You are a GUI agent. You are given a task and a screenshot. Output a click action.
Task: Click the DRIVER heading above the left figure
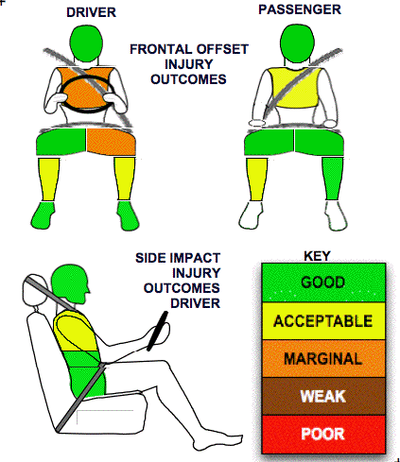91,12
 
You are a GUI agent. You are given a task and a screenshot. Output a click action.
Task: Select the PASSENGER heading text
300,9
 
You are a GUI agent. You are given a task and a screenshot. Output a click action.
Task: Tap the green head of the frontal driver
86,43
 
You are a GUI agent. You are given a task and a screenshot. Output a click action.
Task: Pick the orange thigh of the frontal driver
111,142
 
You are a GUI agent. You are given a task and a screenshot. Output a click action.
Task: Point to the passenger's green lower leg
332,179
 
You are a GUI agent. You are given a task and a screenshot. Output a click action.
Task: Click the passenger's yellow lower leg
256,179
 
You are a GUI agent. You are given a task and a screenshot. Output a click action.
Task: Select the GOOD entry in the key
323,282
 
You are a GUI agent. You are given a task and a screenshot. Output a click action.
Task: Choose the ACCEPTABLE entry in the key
323,321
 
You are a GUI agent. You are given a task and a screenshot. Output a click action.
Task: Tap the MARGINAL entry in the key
323,358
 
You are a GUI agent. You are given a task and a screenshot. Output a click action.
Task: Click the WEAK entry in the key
323,396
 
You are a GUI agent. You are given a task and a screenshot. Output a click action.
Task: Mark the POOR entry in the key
323,434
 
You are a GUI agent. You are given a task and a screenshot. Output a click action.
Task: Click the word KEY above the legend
317,256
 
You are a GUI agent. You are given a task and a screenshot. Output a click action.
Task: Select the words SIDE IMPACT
178,258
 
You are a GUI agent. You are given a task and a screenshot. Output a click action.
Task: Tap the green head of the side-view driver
69,283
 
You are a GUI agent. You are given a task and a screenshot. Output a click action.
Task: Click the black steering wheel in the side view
157,331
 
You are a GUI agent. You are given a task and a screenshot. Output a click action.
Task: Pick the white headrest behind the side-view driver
34,291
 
